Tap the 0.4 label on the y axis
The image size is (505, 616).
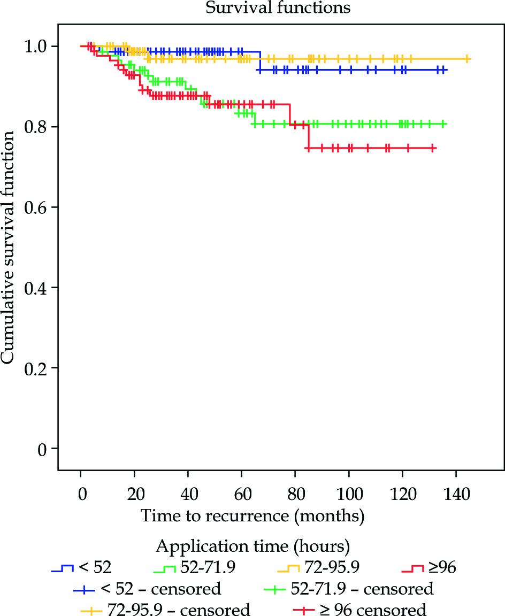35,288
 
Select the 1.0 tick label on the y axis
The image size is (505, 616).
35,47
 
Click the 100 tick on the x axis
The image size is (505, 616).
349,493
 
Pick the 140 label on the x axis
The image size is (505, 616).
456,493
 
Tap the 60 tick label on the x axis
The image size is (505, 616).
241,493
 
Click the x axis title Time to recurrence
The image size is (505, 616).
252,516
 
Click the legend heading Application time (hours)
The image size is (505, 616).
253,546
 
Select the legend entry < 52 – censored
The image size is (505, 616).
147,589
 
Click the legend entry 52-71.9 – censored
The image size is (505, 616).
349,589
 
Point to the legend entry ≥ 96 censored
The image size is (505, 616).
360,610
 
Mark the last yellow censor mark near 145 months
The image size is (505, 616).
468,59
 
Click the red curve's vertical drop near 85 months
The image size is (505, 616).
308,136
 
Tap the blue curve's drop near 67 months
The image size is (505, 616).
260,61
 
